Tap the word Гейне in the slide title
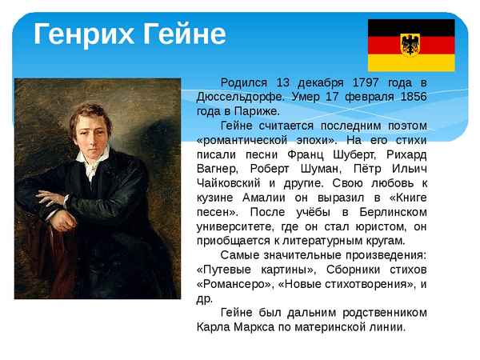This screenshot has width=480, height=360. pos(183,34)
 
